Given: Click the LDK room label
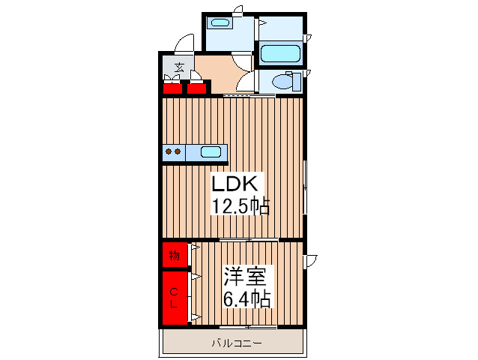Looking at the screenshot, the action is (x=234, y=183).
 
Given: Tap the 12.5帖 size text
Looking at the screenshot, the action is (x=240, y=205).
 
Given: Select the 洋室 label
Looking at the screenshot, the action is (x=245, y=277).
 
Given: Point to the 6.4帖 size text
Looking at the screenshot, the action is (x=246, y=298).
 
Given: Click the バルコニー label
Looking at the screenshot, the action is (x=237, y=343).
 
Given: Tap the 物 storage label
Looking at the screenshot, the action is (x=174, y=255).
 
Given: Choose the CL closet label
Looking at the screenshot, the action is (x=174, y=298).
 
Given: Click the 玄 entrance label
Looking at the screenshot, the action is (x=179, y=67).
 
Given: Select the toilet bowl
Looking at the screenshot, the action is (x=282, y=82).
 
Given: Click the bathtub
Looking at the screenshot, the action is (x=280, y=54).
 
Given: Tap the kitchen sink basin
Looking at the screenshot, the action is (x=211, y=152).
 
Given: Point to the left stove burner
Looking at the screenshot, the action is (x=169, y=151).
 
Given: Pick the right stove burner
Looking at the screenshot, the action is (x=178, y=151).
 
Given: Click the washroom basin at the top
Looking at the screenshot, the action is (x=220, y=22).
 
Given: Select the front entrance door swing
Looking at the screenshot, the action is (x=185, y=43).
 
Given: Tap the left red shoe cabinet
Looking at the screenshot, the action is (x=172, y=88).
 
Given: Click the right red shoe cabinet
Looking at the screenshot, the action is (x=196, y=88).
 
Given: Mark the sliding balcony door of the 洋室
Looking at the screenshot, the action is (x=248, y=327).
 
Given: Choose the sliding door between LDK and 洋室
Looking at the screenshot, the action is (x=249, y=240).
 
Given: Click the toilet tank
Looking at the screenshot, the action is (x=297, y=82).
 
